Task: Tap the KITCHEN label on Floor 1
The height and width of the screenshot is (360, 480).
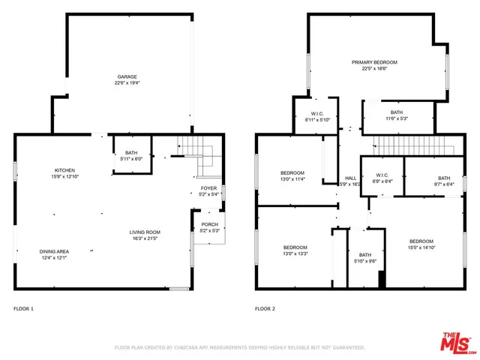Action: (64, 169)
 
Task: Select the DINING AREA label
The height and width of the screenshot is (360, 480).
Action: (54, 250)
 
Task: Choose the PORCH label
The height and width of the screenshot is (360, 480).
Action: (209, 225)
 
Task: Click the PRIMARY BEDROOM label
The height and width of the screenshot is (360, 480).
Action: (374, 62)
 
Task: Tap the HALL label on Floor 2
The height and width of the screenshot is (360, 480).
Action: (350, 178)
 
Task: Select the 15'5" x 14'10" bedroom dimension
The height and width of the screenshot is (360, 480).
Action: (421, 248)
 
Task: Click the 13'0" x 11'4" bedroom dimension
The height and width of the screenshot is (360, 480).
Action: (292, 179)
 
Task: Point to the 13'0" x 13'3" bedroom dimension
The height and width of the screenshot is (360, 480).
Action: (295, 253)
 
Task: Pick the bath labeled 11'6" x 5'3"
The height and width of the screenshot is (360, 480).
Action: (396, 118)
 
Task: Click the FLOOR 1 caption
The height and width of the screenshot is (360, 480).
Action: (23, 308)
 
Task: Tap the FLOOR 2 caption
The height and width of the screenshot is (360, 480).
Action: (265, 308)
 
